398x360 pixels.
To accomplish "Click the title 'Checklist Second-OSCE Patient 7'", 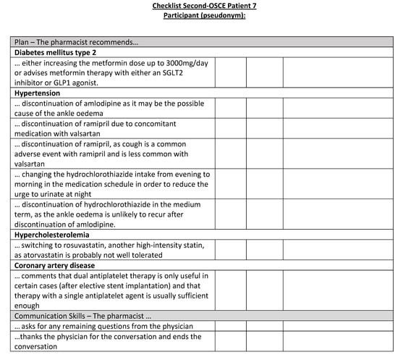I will click(x=204, y=6).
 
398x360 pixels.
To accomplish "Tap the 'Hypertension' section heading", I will click(x=37, y=93).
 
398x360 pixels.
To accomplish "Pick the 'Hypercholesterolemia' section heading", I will click(x=50, y=234).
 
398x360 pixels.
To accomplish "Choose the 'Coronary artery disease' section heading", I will click(x=53, y=265).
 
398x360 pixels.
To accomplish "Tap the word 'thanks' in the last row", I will click(x=30, y=336).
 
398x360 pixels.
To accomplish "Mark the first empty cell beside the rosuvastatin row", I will click(x=230, y=250).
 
